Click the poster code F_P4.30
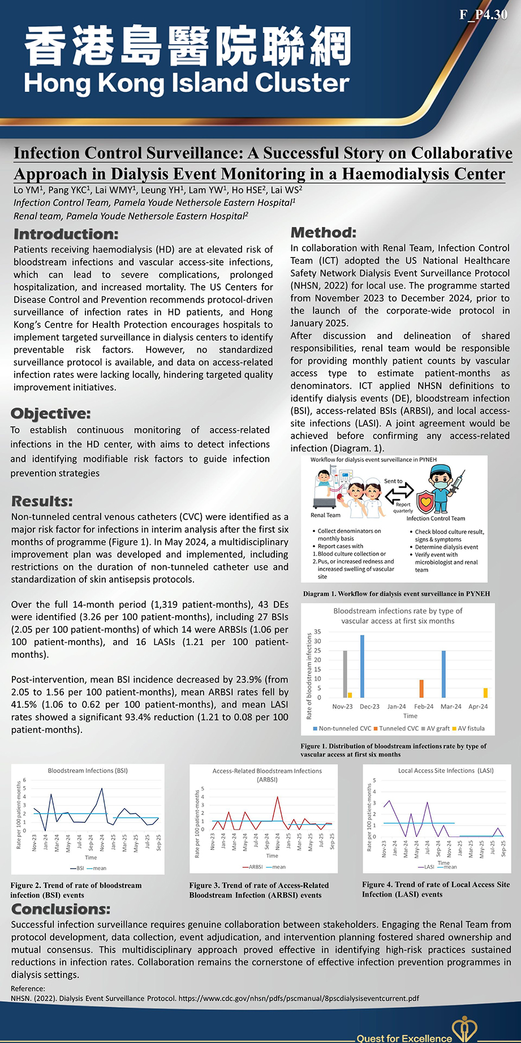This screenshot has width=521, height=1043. point(484,15)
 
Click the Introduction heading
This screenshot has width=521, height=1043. point(66,234)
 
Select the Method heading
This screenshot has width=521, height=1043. point(323,233)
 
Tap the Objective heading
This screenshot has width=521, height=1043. point(50,414)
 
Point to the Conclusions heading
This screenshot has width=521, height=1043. point(61,909)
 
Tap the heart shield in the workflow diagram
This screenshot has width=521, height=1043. point(425,501)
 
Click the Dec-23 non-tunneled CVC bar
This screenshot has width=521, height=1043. point(362,666)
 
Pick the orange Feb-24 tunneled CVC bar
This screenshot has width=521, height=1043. point(421,689)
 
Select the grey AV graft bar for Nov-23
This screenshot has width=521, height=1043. point(345,674)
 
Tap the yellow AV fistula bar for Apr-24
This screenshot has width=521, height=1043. point(485,693)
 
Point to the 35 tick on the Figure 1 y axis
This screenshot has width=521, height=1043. point(317,632)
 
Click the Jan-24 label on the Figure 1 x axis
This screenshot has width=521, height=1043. point(397,706)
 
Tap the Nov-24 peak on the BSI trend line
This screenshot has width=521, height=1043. point(102,788)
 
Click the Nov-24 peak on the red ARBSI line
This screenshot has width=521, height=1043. point(277,797)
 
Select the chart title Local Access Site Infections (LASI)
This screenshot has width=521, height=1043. point(446,770)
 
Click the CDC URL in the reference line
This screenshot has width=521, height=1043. point(299,998)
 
